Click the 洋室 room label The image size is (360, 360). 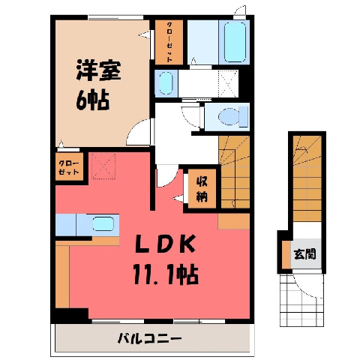pyautogui.click(x=98, y=70)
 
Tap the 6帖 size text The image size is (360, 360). pyautogui.click(x=93, y=100)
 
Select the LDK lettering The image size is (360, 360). pyautogui.click(x=165, y=244)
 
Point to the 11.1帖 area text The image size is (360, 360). pyautogui.click(x=166, y=274)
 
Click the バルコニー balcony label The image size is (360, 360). pyautogui.click(x=149, y=339)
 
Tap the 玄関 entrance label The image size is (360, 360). pyautogui.click(x=305, y=254)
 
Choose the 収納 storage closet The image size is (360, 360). pyautogui.click(x=202, y=188)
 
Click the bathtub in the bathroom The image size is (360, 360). pyautogui.click(x=235, y=42)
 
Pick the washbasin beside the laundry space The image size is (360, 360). pyautogui.click(x=165, y=83)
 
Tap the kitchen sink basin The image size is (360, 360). pyautogui.click(x=103, y=223)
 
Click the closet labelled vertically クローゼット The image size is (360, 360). pyautogui.click(x=169, y=42)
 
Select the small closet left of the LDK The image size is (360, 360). pyautogui.click(x=69, y=166)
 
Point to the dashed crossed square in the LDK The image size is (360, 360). pyautogui.click(x=103, y=166)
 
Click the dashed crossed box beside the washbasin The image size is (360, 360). pyautogui.click(x=228, y=84)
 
